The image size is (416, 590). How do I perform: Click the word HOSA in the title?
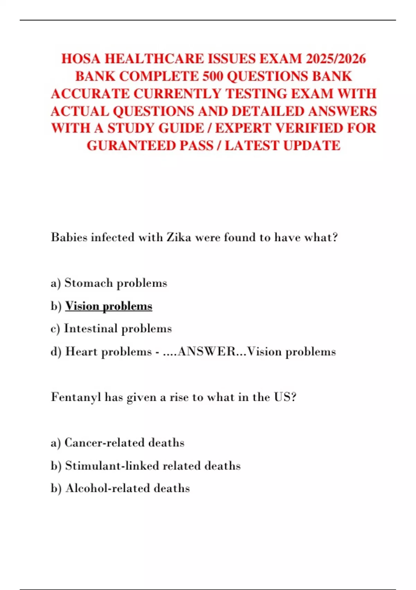coord(81,59)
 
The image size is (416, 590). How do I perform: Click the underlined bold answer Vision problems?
coord(109,306)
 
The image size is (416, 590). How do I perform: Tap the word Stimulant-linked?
coord(112,465)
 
